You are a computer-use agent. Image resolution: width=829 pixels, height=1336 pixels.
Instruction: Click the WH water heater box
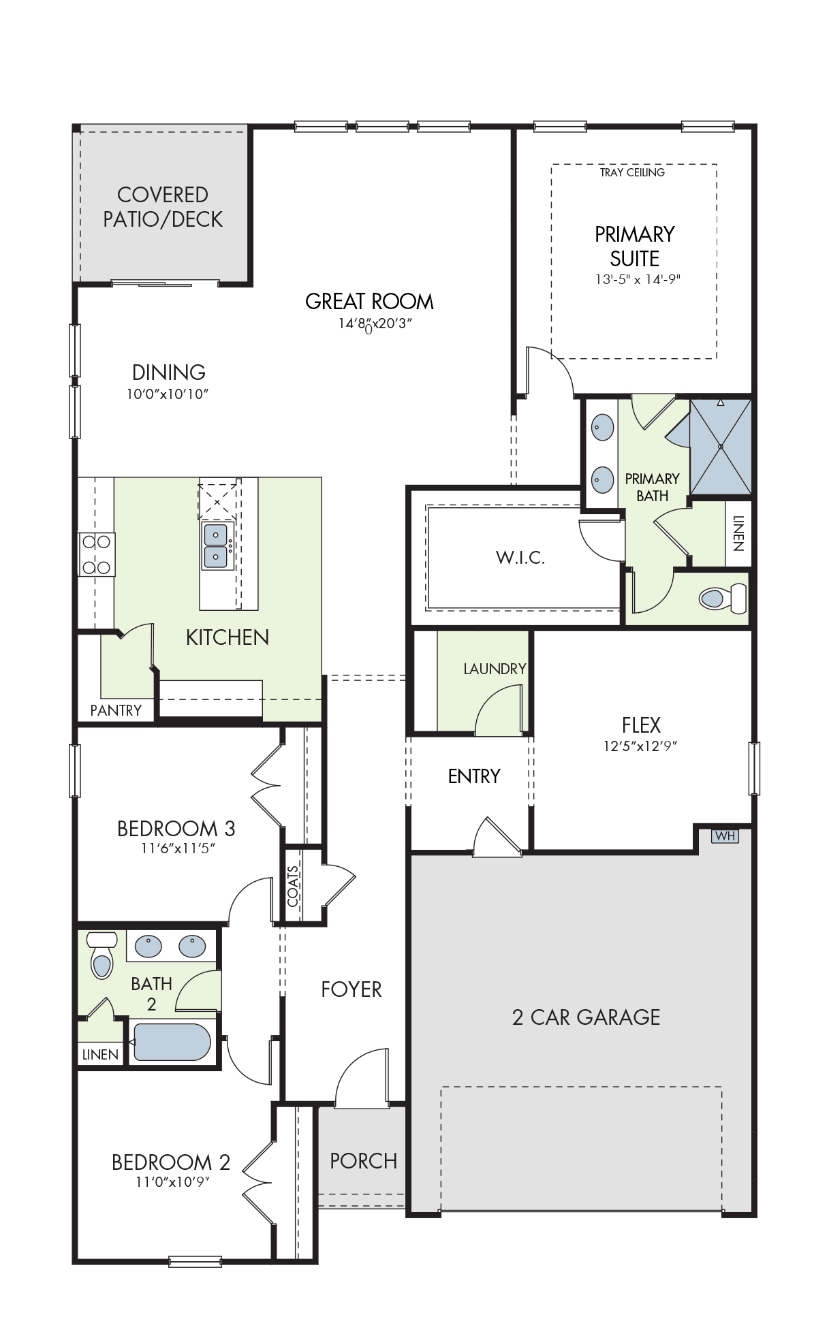[725, 836]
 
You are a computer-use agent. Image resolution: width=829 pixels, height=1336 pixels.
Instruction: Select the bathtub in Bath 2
[172, 1042]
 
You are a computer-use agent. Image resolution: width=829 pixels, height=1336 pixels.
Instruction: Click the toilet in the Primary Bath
[723, 598]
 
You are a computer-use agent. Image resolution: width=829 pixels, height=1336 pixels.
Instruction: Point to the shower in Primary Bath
[721, 446]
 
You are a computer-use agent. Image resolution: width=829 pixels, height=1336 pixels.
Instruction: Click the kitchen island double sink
[216, 545]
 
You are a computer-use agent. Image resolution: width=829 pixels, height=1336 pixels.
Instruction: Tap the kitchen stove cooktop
[96, 554]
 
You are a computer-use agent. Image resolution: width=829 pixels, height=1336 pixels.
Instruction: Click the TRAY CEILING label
[632, 172]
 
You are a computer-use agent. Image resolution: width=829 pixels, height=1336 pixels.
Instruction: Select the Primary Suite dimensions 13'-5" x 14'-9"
[638, 279]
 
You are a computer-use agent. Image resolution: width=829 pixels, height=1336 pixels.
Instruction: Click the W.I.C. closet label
[520, 558]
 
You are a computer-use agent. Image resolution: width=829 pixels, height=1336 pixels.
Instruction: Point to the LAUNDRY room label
[495, 669]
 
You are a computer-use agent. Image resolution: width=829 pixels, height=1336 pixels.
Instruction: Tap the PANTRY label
[116, 710]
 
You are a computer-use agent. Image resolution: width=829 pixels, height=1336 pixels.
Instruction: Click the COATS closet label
[293, 886]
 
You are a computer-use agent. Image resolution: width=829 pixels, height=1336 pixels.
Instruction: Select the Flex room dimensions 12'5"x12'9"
[640, 746]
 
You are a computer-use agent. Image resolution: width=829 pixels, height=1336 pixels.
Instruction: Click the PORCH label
[363, 1161]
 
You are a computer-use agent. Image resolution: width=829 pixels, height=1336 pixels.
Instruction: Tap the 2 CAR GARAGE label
[586, 1017]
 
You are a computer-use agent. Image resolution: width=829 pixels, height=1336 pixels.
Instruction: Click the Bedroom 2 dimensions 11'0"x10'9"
[172, 1181]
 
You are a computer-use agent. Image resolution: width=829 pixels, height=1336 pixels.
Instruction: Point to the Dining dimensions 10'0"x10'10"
[168, 394]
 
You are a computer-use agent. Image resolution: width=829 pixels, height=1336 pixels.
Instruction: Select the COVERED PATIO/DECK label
[163, 207]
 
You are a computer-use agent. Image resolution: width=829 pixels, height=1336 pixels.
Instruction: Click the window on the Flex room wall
[754, 768]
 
